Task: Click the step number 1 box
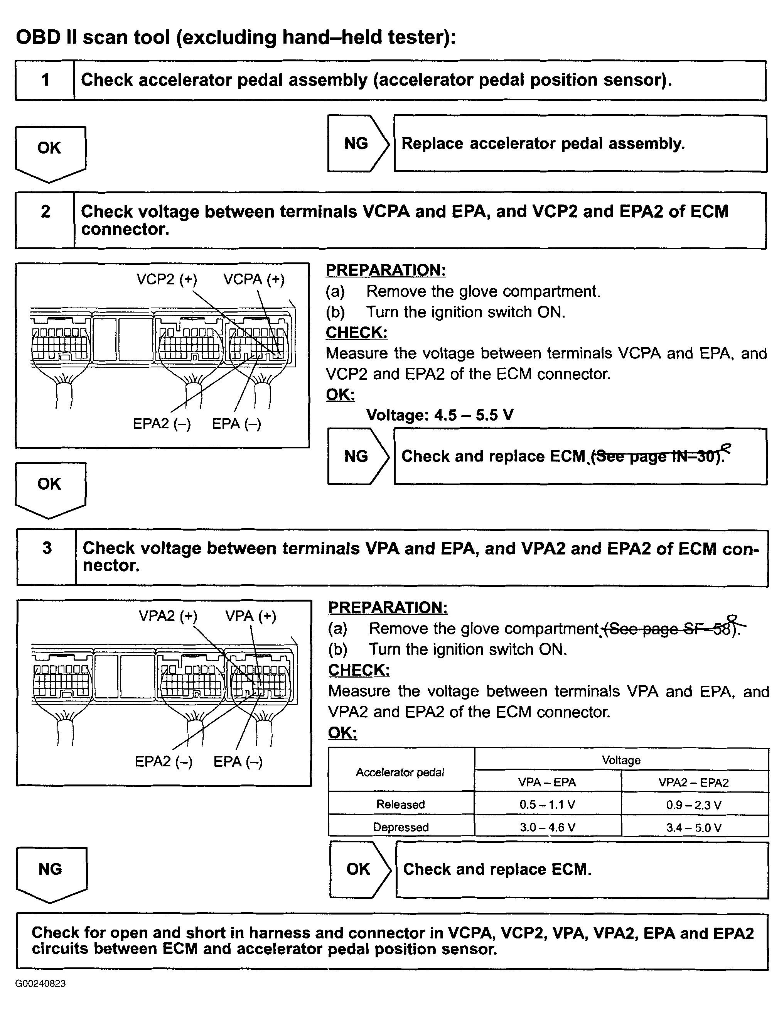(45, 80)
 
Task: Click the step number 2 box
(45, 220)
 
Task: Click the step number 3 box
(47, 557)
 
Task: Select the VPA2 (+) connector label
(168, 616)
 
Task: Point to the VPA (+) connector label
(251, 616)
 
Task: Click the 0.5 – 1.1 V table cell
(547, 805)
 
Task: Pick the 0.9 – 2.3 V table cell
(694, 805)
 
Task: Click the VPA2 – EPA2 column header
(694, 783)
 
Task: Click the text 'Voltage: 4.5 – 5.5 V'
(440, 415)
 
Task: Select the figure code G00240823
(40, 984)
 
